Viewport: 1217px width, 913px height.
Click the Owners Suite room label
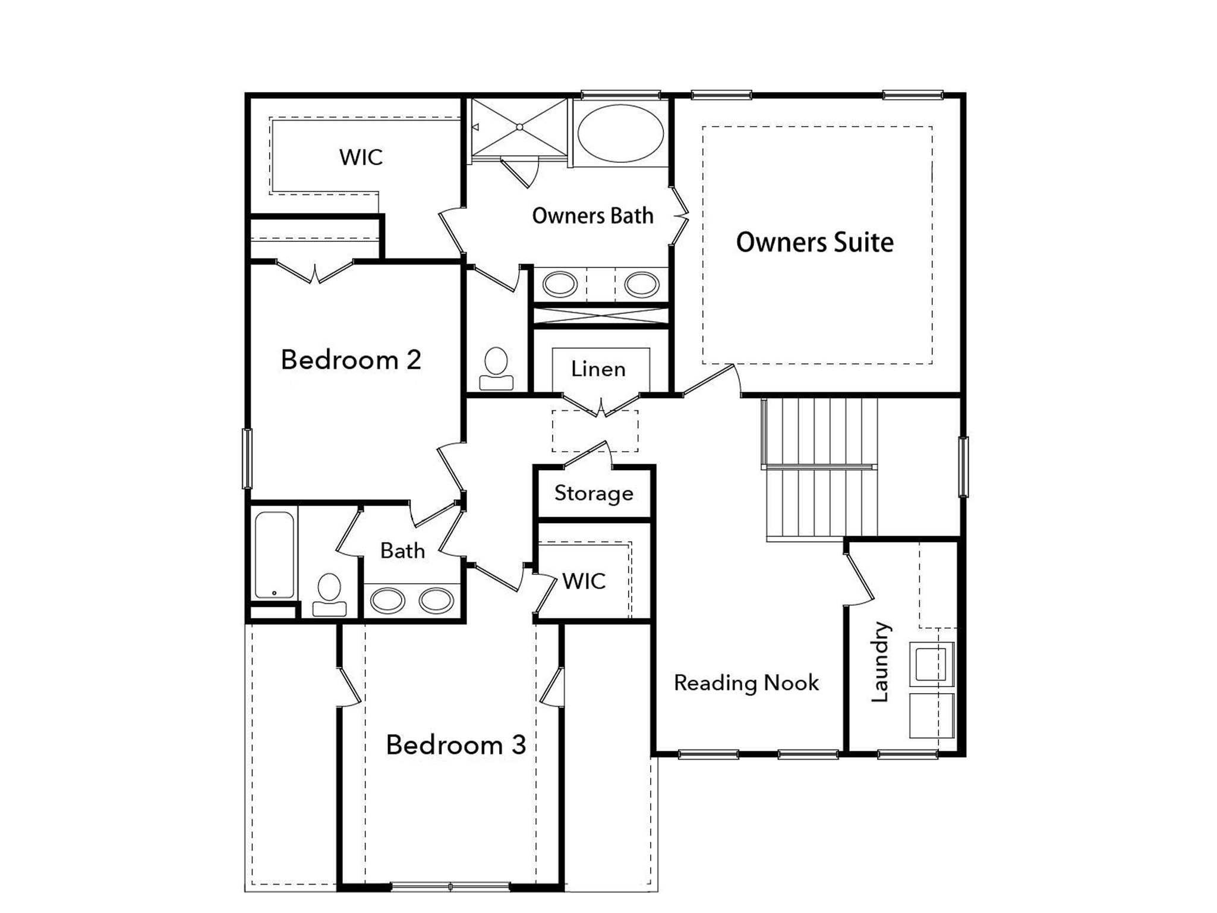[x=815, y=243]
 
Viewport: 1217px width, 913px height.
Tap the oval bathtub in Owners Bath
[x=620, y=133]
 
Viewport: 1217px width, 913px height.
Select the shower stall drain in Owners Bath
[x=519, y=127]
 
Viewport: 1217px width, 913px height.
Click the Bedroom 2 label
[x=351, y=360]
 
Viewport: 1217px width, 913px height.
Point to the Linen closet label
[x=598, y=369]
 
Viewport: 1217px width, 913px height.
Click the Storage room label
[x=594, y=493]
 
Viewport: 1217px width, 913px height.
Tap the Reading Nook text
[x=746, y=683]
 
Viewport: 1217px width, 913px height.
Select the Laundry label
[x=880, y=662]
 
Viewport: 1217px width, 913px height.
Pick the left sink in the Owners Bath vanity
[x=560, y=284]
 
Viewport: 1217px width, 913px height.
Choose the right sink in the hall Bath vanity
[x=436, y=600]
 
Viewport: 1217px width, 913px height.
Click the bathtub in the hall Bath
[x=274, y=554]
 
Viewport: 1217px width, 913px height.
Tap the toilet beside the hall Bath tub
[x=329, y=594]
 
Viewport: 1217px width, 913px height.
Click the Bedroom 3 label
[x=456, y=745]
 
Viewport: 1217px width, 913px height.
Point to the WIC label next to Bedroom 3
[x=584, y=581]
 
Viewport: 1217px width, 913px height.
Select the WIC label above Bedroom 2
[x=361, y=158]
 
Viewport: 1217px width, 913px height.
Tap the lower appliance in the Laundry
[x=931, y=715]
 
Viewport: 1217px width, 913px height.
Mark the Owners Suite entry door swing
[x=710, y=380]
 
